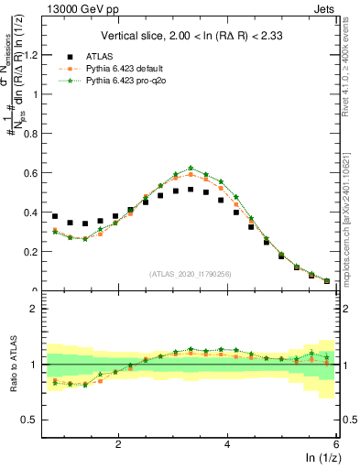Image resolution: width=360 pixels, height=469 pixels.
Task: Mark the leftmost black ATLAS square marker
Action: pos(55,216)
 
